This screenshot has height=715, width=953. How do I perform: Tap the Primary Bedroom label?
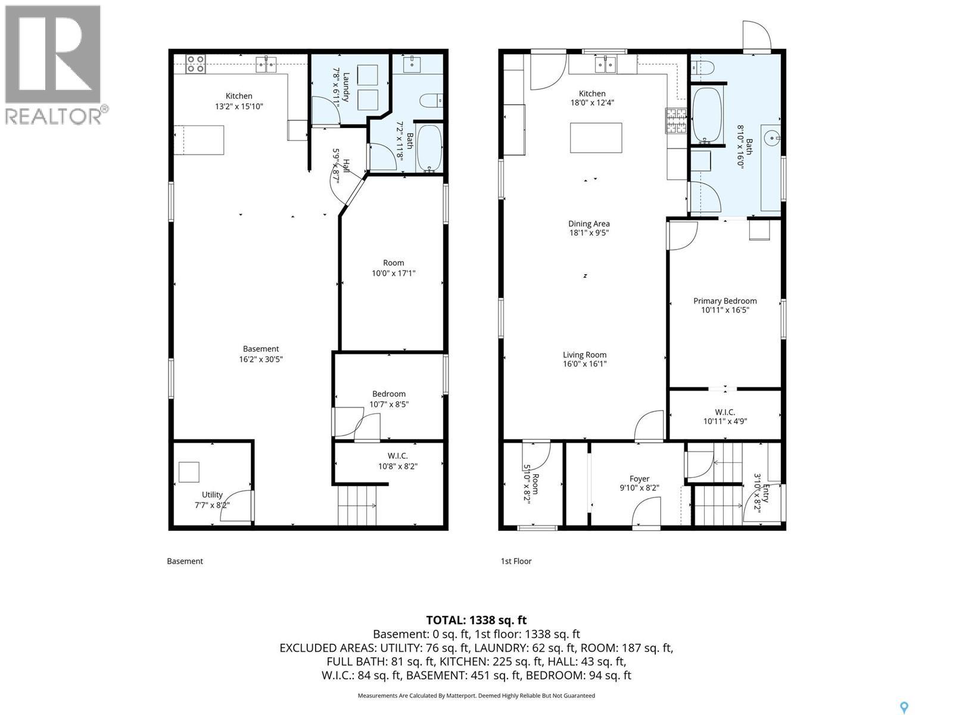pos(725,301)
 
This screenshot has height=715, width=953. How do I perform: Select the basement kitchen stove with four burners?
pos(195,64)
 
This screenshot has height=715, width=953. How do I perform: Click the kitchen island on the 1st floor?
pos(596,138)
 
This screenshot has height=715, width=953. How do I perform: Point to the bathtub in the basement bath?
pos(429,148)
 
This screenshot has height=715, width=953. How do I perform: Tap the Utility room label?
pos(212,495)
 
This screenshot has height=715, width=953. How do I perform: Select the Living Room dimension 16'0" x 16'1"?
pos(584,364)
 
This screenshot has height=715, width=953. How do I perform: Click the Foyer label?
pos(639,478)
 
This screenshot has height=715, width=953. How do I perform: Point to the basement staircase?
pos(357,505)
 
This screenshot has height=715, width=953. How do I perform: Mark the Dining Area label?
pos(588,223)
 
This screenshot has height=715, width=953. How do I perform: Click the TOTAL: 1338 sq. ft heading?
pos(476,620)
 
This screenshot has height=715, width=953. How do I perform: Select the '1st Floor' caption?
pos(516,561)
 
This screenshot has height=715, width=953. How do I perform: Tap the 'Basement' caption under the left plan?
pos(185,561)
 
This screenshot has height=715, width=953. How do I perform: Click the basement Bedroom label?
pos(388,394)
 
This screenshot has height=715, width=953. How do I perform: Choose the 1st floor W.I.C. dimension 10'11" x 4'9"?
pos(725,421)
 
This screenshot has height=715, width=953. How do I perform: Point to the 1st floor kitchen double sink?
pos(605,65)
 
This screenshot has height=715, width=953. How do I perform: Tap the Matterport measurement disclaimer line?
pos(476,695)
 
